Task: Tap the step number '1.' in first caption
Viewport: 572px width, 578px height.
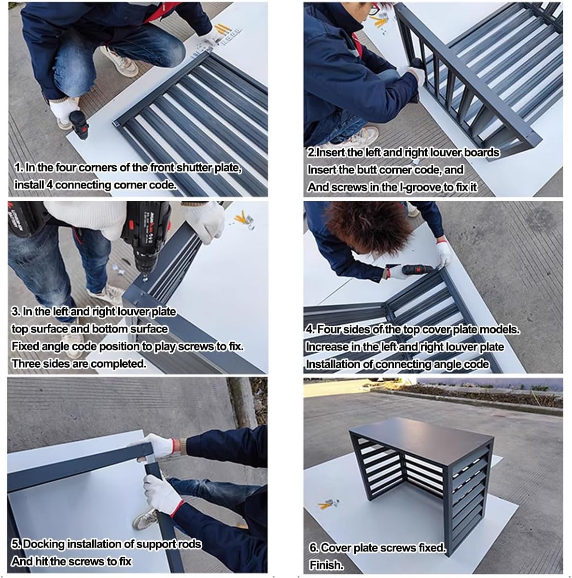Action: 19,168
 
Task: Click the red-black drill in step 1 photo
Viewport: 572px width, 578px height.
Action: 79,123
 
